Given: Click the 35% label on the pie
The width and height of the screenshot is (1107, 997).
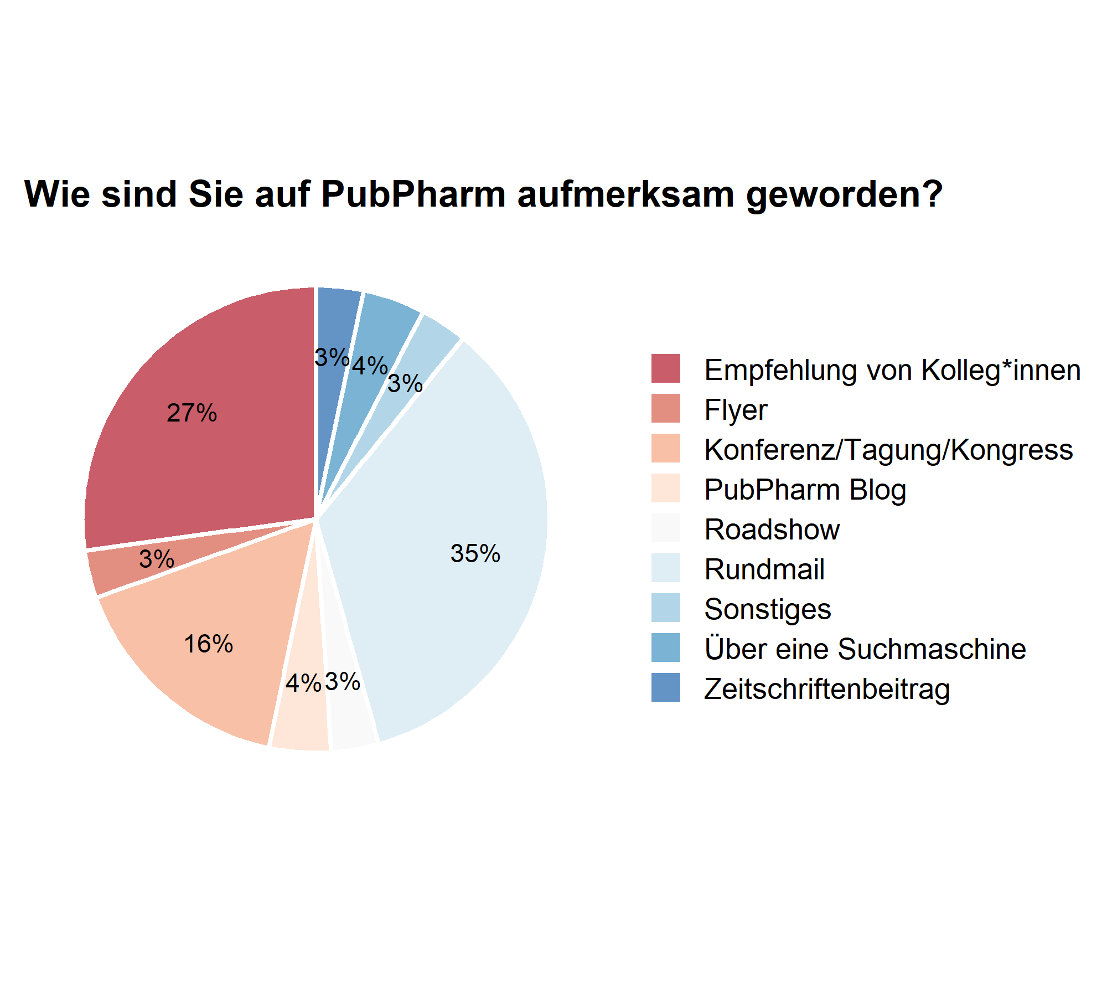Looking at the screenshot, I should coord(475,553).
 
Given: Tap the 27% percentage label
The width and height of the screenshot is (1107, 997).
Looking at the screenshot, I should coord(192,413).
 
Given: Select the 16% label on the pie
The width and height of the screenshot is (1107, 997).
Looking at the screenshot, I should coord(208,644).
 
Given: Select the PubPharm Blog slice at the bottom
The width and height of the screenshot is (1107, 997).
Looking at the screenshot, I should coord(302,720).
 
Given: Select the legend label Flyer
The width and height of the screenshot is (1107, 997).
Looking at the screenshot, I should coord(736,410).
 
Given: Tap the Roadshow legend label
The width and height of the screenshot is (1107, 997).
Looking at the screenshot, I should coord(772,530).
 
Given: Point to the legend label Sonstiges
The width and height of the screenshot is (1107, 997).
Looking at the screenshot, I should coord(767,609).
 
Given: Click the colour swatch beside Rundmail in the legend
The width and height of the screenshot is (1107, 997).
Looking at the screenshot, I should coord(666,568).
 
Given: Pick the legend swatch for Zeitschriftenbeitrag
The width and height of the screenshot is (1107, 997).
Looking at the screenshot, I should coord(666,687).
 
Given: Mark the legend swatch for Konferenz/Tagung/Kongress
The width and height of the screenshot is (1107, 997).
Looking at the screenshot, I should coord(666,448).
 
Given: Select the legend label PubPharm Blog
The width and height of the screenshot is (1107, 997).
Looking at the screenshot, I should coord(805,490).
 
